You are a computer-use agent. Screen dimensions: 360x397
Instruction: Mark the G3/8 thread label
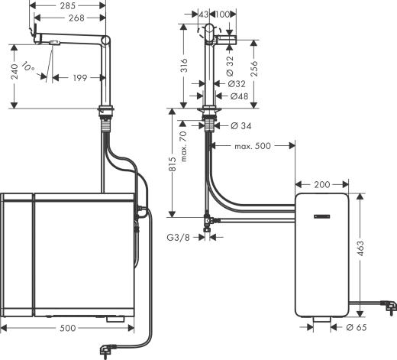pos(179,237)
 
